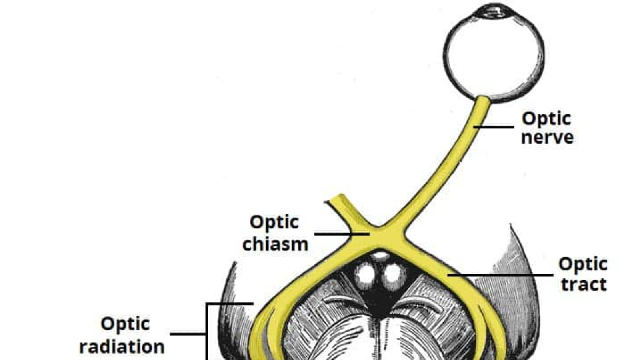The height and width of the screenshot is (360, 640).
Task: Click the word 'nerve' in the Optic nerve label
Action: (547, 138)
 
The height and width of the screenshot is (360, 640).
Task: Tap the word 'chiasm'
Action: (275, 244)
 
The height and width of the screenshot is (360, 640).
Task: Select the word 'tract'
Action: (584, 284)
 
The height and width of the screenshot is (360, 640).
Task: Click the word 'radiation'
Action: (122, 346)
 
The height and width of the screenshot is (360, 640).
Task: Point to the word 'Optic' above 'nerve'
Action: (546, 118)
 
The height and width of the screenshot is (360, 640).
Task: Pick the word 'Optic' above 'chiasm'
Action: (274, 222)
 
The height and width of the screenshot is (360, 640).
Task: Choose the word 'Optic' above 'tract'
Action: (583, 264)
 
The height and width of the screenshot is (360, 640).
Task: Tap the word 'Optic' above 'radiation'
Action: (125, 324)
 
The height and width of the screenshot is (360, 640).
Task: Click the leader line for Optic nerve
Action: (494, 127)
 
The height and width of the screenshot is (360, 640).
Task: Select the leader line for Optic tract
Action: (500, 275)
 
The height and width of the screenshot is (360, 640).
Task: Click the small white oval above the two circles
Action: (380, 255)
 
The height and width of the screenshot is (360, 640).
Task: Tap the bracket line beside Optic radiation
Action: (207, 332)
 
